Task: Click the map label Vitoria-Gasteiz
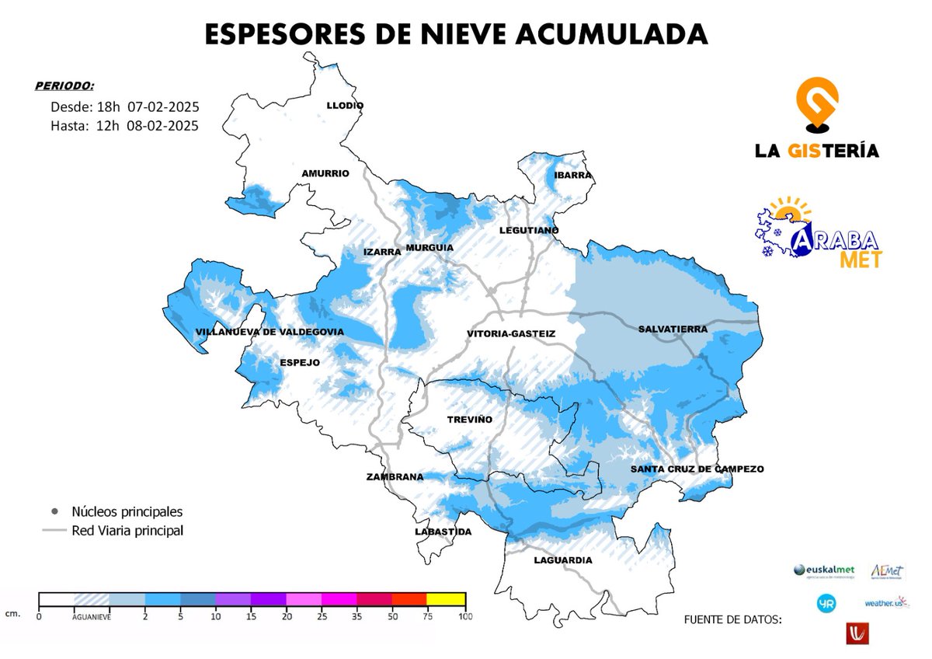click(x=511, y=333)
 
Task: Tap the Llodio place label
click(x=345, y=106)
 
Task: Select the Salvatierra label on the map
click(x=673, y=329)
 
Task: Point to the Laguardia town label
click(x=563, y=560)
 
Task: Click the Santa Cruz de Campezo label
click(x=697, y=469)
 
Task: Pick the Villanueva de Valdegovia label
click(x=270, y=332)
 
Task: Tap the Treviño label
click(x=470, y=419)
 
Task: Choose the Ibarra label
click(x=573, y=175)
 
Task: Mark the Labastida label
click(x=442, y=532)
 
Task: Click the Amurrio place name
click(x=325, y=173)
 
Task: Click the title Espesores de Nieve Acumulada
click(x=456, y=34)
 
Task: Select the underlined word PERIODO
click(x=64, y=85)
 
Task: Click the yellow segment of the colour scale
click(x=447, y=598)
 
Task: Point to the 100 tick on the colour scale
click(x=465, y=617)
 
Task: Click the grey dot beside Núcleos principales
click(x=54, y=512)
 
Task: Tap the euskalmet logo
click(x=823, y=571)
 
